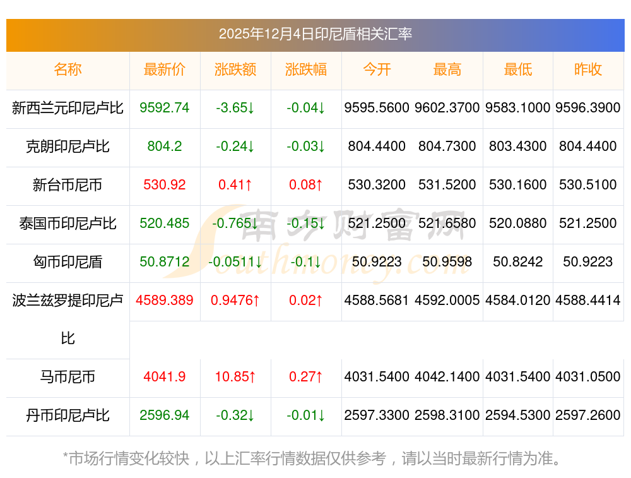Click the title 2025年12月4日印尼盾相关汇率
tap(315, 34)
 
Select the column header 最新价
tap(165, 70)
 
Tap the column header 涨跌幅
tap(306, 70)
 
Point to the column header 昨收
tap(588, 70)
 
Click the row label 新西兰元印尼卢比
tap(68, 108)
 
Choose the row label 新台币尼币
tap(68, 185)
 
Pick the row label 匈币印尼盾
tap(68, 262)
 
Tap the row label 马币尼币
tap(68, 377)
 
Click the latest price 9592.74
tap(165, 108)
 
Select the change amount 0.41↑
tap(235, 185)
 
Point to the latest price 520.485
tap(165, 224)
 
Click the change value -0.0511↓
tap(235, 262)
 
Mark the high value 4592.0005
tap(447, 301)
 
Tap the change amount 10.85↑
tap(235, 377)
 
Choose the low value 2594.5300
tap(518, 415)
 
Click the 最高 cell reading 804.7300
tap(447, 146)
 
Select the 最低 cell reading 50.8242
tap(518, 262)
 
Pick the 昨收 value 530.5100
tap(588, 185)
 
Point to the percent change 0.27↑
tap(306, 377)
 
